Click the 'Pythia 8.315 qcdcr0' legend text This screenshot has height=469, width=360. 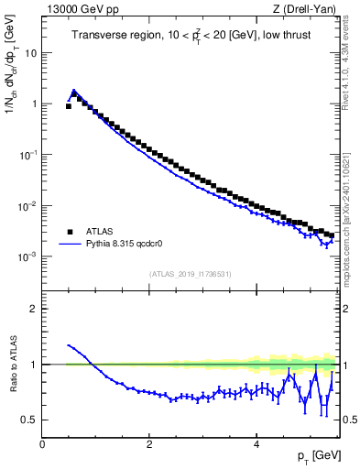click(130, 245)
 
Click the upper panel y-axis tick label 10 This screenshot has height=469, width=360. click(30, 52)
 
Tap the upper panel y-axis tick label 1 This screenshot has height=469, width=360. click(33, 104)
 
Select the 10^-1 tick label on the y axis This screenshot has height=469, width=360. click(27, 154)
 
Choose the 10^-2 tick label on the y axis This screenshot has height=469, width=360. click(27, 205)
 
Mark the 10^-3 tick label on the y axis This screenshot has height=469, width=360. click(27, 256)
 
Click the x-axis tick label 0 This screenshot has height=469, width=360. click(42, 443)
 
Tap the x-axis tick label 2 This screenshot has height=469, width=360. click(148, 443)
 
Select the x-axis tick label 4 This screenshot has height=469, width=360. click(256, 443)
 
